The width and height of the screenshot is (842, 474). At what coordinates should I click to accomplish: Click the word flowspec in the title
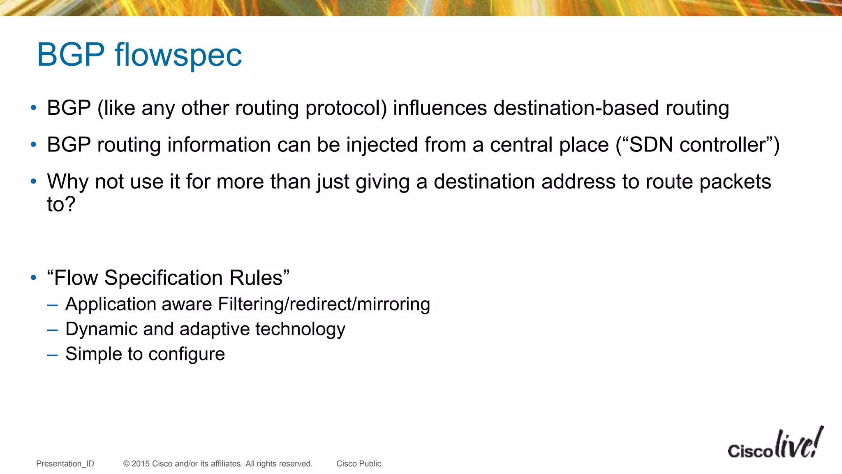point(178,55)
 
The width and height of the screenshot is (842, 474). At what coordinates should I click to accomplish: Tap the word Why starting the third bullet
point(67,182)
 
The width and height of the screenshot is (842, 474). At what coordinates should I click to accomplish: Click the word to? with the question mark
point(61,204)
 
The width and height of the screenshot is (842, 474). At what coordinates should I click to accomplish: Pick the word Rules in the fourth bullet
point(256,278)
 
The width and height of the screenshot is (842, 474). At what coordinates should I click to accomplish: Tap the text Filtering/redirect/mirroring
point(324,304)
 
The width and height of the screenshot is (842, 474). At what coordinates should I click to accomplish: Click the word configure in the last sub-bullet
point(187,354)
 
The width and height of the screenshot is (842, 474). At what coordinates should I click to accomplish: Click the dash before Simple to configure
point(52,355)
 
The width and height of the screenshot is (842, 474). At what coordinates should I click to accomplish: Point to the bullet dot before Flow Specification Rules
point(34,278)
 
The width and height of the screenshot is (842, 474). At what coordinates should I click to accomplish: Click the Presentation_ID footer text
point(65,464)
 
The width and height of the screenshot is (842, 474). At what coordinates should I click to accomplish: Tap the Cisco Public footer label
point(359,464)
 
